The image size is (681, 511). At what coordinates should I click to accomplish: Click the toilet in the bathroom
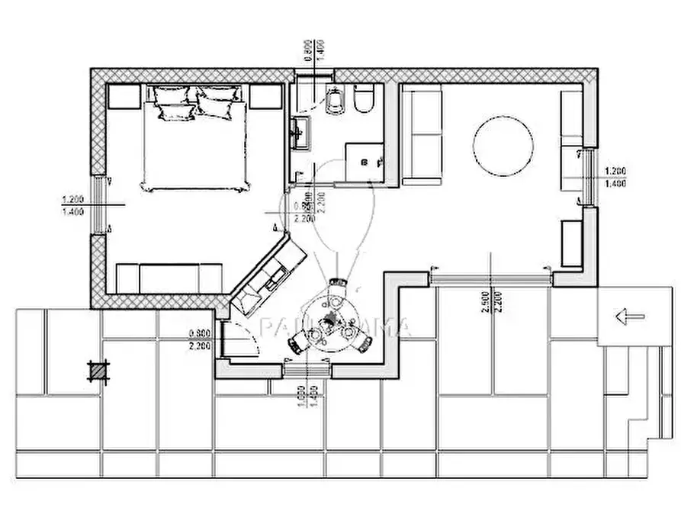(364, 99)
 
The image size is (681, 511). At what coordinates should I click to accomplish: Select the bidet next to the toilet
(334, 100)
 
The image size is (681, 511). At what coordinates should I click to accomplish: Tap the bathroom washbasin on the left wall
(299, 133)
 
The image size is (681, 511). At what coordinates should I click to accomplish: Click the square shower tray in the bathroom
(365, 162)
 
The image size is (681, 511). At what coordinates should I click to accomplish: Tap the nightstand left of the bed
(124, 96)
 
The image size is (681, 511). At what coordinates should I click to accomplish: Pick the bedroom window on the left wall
(98, 204)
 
